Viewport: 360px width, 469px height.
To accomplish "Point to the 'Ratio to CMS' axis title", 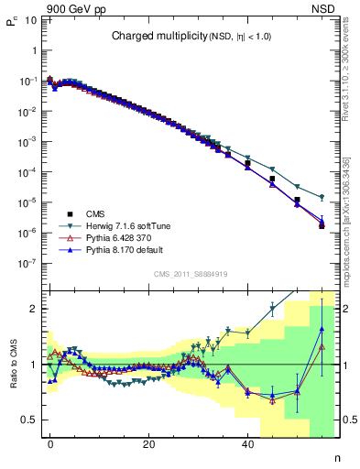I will point(14,365).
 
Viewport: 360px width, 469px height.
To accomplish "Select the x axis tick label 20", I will point(148,444).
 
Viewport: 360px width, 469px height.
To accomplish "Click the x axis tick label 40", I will point(247,444).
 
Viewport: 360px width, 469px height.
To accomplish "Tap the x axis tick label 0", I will point(50,444).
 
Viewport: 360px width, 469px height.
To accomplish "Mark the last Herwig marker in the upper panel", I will point(322,197).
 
